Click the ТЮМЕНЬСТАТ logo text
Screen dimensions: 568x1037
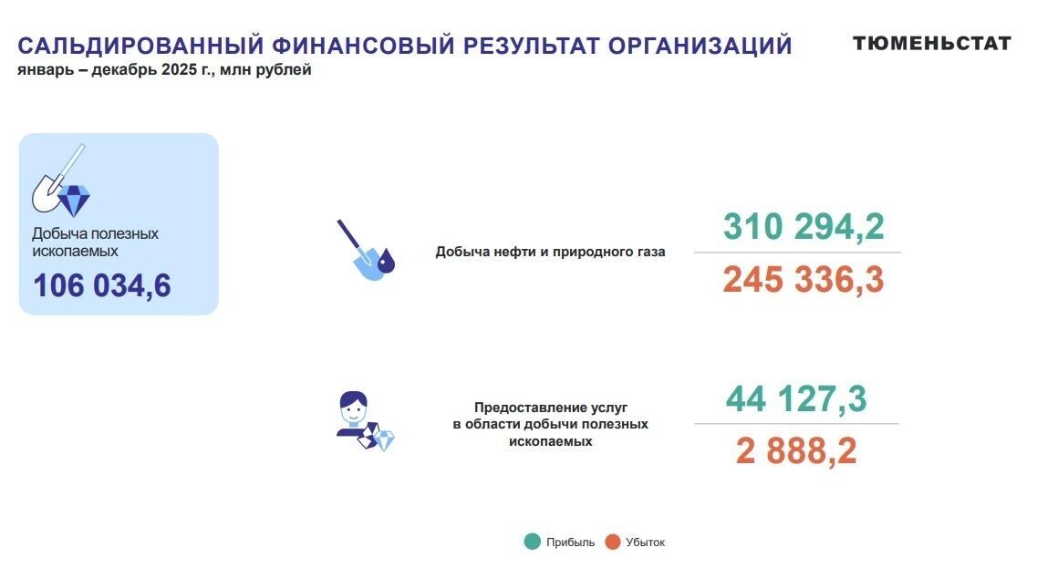931,43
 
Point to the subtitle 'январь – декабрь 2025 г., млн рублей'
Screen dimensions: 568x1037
164,70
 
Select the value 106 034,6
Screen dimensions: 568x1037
102,285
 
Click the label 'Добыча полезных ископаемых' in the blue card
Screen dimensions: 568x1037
95,242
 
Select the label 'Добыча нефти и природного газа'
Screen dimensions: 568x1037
550,252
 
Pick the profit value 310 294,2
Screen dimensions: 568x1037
804,226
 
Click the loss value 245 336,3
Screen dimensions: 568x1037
804,280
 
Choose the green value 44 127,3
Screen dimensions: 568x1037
796,398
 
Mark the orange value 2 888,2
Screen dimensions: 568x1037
796,451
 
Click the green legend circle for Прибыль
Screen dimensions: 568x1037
533,542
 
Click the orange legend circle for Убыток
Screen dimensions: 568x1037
612,542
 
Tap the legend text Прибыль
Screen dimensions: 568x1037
570,542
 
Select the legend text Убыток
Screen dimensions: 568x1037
646,542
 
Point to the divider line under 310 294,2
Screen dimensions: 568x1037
797,253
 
